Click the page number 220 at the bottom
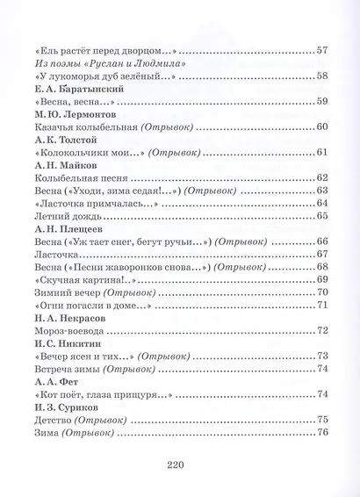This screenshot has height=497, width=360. tap(179, 467)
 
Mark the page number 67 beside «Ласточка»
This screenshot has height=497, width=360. tap(321, 254)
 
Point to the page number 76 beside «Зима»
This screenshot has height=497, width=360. tap(321, 432)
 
